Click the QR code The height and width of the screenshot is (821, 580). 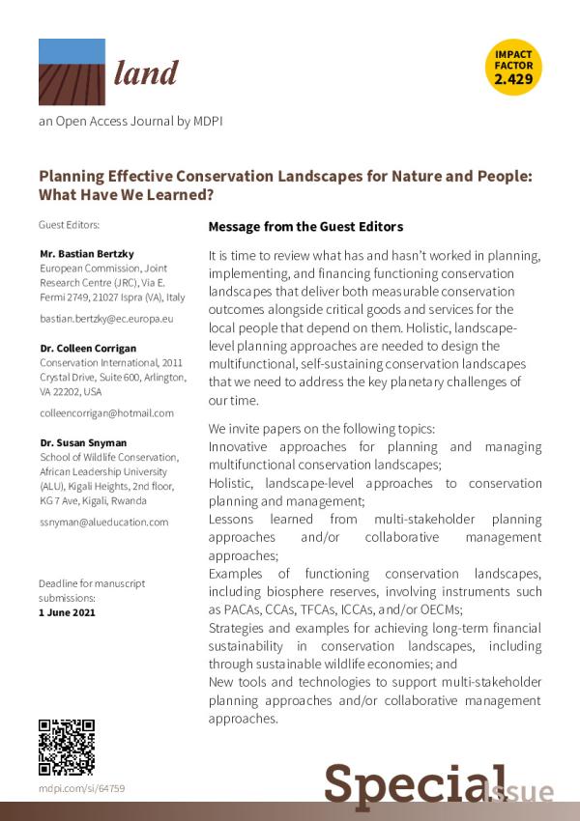(66, 748)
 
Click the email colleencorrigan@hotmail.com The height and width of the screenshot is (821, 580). (106, 412)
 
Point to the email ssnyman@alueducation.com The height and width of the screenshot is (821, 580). (103, 522)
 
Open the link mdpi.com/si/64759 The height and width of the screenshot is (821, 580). (81, 789)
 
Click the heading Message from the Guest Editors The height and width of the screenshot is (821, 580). (304, 227)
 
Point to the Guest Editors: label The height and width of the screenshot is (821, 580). (69, 225)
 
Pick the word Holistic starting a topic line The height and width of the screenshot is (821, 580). (232, 483)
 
